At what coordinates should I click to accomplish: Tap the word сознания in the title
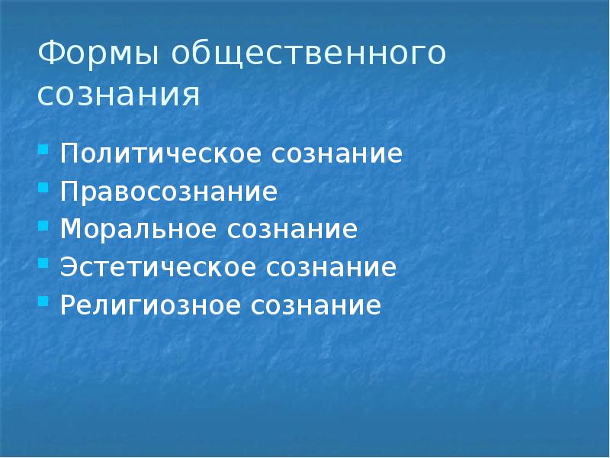click(118, 95)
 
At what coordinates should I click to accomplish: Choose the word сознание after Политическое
click(335, 153)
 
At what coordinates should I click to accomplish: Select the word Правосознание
click(168, 192)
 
